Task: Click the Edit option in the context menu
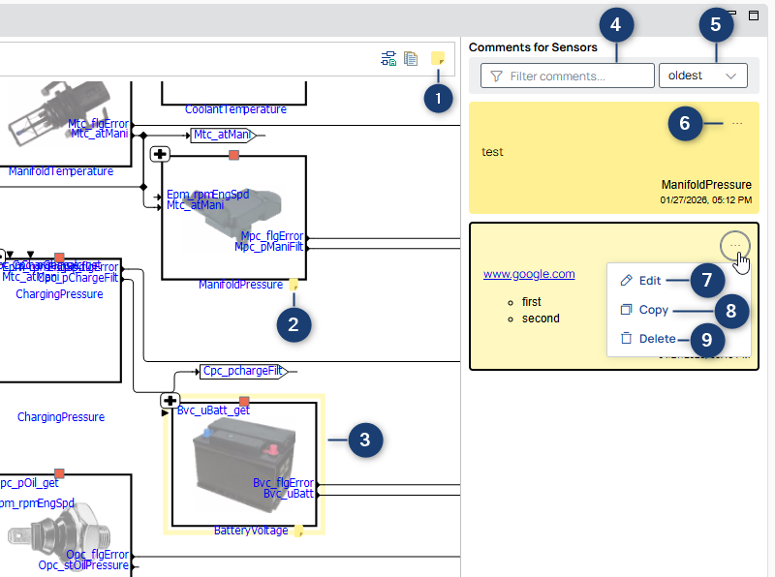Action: click(x=649, y=281)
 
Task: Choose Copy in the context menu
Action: click(x=653, y=310)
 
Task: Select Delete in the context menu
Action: click(x=657, y=339)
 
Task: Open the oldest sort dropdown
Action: click(x=702, y=76)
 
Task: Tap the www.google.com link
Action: click(x=529, y=274)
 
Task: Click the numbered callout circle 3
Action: click(x=364, y=440)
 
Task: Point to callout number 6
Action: click(x=684, y=123)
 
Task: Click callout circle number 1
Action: click(x=439, y=98)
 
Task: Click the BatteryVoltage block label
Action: click(x=250, y=531)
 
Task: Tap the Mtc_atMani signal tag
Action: click(x=221, y=135)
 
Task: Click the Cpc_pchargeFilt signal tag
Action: click(x=242, y=371)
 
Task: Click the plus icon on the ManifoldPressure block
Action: click(x=161, y=154)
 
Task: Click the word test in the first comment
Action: click(x=492, y=152)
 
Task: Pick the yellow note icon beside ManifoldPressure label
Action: click(x=293, y=285)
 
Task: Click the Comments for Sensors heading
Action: click(x=533, y=47)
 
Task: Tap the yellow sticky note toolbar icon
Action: click(x=438, y=59)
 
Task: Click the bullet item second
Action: click(x=541, y=318)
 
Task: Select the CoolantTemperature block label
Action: click(x=235, y=109)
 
